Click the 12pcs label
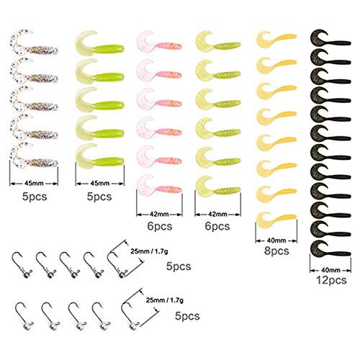click(331, 280)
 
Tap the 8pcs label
click(276, 251)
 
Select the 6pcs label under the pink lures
click(160, 226)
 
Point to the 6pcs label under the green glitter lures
click(217, 226)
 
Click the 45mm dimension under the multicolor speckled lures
click(34, 184)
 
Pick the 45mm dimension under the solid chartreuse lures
click(100, 184)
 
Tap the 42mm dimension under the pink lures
click(159, 214)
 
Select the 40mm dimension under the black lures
click(330, 270)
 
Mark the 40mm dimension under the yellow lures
click(276, 240)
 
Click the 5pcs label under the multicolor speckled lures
click(35, 197)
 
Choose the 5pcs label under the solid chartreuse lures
click(99, 197)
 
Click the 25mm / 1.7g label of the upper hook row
click(149, 251)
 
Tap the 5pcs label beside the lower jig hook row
click(187, 316)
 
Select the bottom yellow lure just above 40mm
click(276, 218)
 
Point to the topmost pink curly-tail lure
click(159, 42)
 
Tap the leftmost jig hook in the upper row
click(22, 265)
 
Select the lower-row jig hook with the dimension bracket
click(130, 315)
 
